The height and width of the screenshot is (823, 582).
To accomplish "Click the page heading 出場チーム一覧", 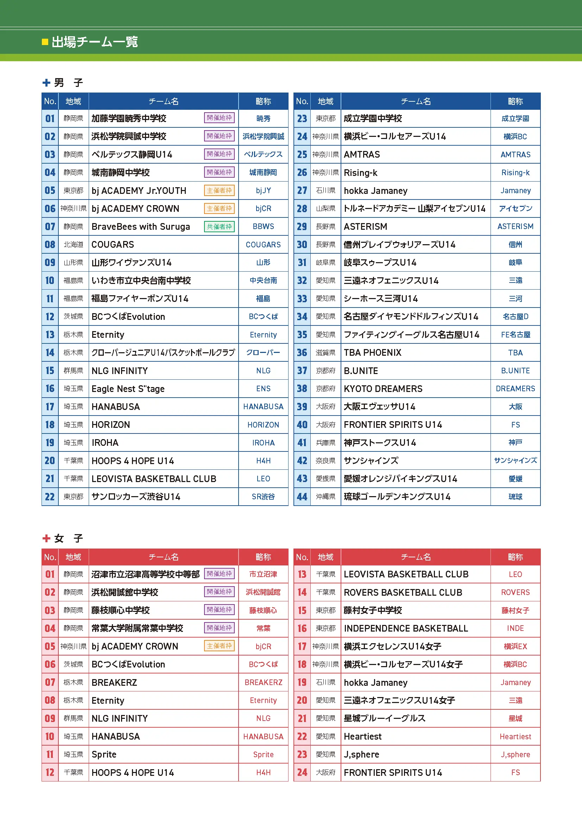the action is [x=95, y=42].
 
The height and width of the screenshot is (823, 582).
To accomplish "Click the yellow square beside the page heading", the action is [x=45, y=42].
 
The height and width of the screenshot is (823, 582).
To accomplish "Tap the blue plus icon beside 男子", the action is [x=46, y=83].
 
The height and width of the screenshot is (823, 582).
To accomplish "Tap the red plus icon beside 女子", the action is [x=46, y=538].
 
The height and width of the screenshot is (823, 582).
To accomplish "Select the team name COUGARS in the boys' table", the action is [x=113, y=245].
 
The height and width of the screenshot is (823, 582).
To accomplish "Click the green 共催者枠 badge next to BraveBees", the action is [x=219, y=227].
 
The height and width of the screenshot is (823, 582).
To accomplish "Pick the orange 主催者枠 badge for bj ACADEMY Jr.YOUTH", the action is [x=219, y=190].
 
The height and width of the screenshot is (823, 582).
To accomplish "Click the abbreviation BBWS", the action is [x=263, y=227].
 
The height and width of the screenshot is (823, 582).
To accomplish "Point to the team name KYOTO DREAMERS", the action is [x=383, y=388].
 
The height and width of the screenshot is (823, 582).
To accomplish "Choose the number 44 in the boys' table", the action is [x=302, y=497].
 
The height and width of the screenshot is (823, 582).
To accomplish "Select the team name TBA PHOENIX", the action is [x=372, y=353].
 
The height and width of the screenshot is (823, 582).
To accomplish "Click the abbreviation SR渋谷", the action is [x=263, y=497].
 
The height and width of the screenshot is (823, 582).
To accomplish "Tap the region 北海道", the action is [x=74, y=245].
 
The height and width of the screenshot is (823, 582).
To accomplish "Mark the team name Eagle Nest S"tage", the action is [x=128, y=388].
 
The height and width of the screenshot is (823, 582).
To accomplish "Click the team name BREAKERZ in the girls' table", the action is [x=114, y=683].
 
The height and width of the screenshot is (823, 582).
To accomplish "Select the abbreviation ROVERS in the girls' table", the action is [x=515, y=593].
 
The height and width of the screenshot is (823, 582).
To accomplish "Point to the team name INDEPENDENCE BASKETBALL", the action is [x=406, y=628].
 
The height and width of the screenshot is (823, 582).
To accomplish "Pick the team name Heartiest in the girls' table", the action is [x=362, y=736].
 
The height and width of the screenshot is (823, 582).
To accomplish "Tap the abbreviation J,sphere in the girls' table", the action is [x=515, y=754].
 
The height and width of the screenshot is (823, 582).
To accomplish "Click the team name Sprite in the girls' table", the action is [x=104, y=754].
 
